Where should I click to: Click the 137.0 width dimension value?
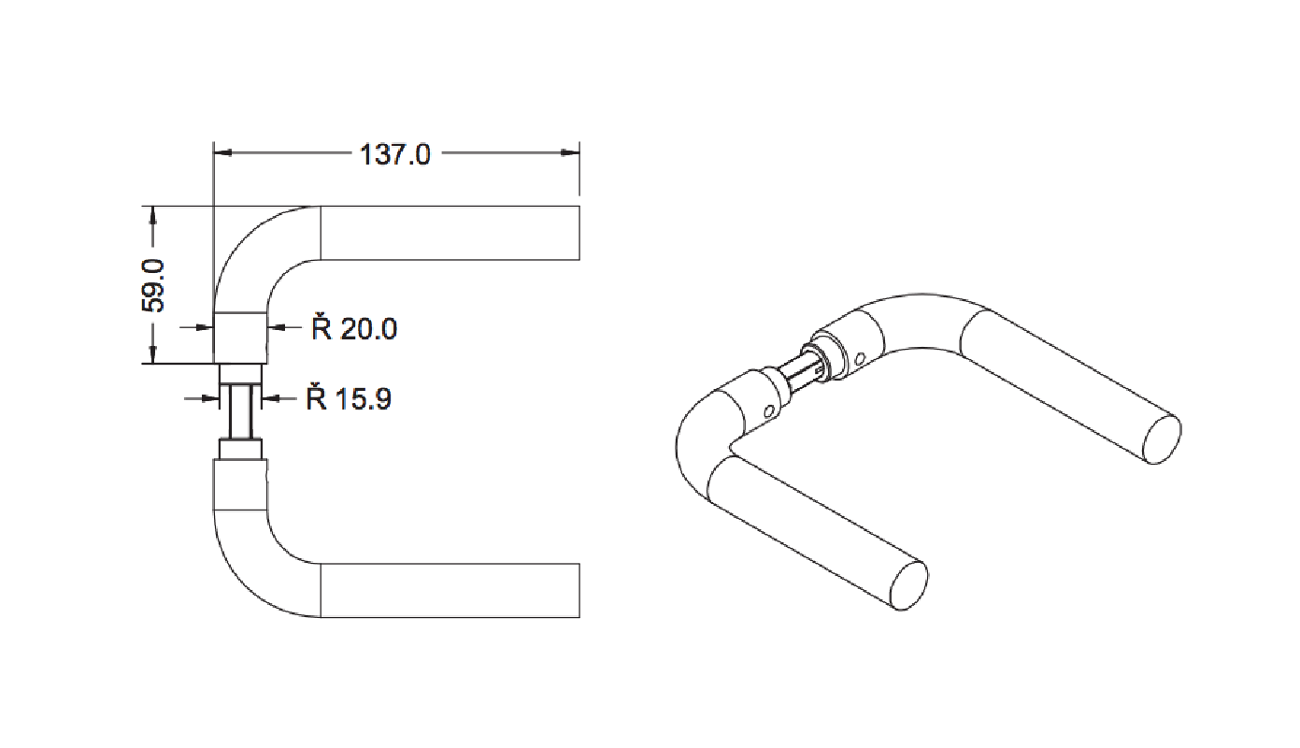[395, 155]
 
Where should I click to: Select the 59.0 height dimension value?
[154, 286]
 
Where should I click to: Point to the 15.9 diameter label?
[349, 397]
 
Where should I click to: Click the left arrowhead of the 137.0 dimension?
[222, 152]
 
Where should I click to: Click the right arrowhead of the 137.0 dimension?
[570, 152]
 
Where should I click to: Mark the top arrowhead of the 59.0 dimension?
[153, 215]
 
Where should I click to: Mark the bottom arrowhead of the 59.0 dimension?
[153, 354]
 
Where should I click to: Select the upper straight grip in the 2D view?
[450, 233]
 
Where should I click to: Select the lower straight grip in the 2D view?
[450, 590]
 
